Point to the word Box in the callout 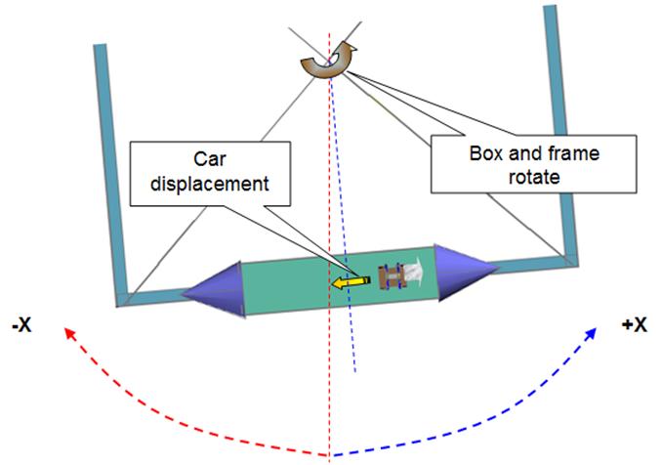487,155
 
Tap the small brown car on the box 392,277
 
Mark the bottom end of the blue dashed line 356,371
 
